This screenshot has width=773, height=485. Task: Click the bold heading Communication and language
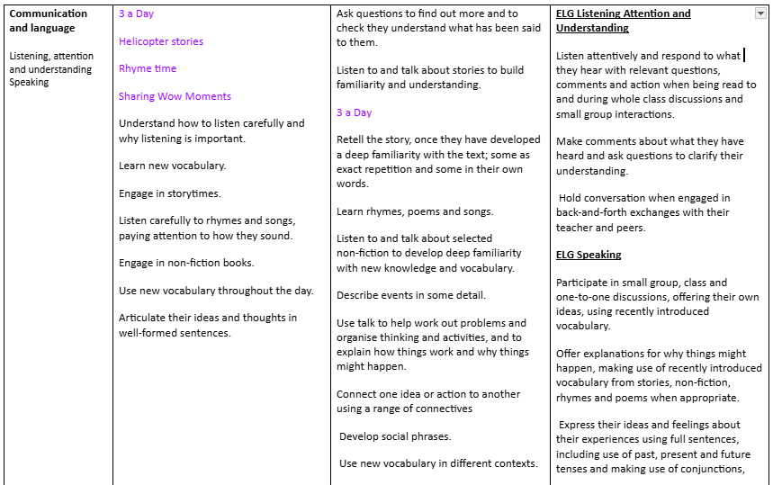49,21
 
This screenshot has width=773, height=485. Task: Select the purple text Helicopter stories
161,41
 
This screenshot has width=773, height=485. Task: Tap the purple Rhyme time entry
148,68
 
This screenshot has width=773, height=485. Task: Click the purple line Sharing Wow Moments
175,96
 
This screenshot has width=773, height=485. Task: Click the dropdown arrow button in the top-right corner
760,13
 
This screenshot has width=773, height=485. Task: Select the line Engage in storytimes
169,193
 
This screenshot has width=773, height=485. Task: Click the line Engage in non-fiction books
186,263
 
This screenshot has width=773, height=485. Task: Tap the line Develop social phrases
395,436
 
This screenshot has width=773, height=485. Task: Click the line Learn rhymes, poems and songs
415,211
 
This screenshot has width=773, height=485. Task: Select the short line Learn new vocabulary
172,166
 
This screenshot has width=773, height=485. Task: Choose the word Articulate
142,318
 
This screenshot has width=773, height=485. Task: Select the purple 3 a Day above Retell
354,112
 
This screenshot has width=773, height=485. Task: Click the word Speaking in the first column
29,82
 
